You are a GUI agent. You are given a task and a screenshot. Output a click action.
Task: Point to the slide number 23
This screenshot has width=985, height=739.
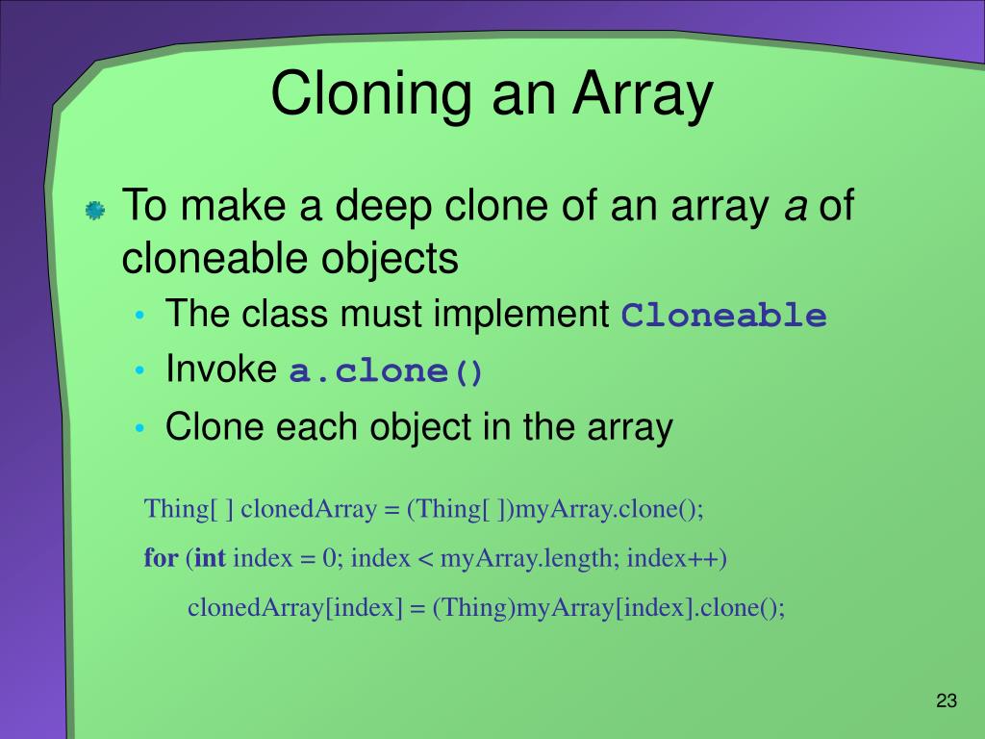coord(947,701)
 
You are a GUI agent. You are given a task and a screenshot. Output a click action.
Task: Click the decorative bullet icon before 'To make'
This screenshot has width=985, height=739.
coord(95,211)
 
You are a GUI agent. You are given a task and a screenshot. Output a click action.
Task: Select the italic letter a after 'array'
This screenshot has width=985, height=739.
coord(795,208)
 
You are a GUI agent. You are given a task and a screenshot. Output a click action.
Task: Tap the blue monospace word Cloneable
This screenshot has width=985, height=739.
coord(723,316)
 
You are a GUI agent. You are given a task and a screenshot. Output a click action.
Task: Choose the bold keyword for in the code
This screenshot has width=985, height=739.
coord(161,558)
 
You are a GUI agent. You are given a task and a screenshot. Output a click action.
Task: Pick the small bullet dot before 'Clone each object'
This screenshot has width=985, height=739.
coord(142,427)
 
